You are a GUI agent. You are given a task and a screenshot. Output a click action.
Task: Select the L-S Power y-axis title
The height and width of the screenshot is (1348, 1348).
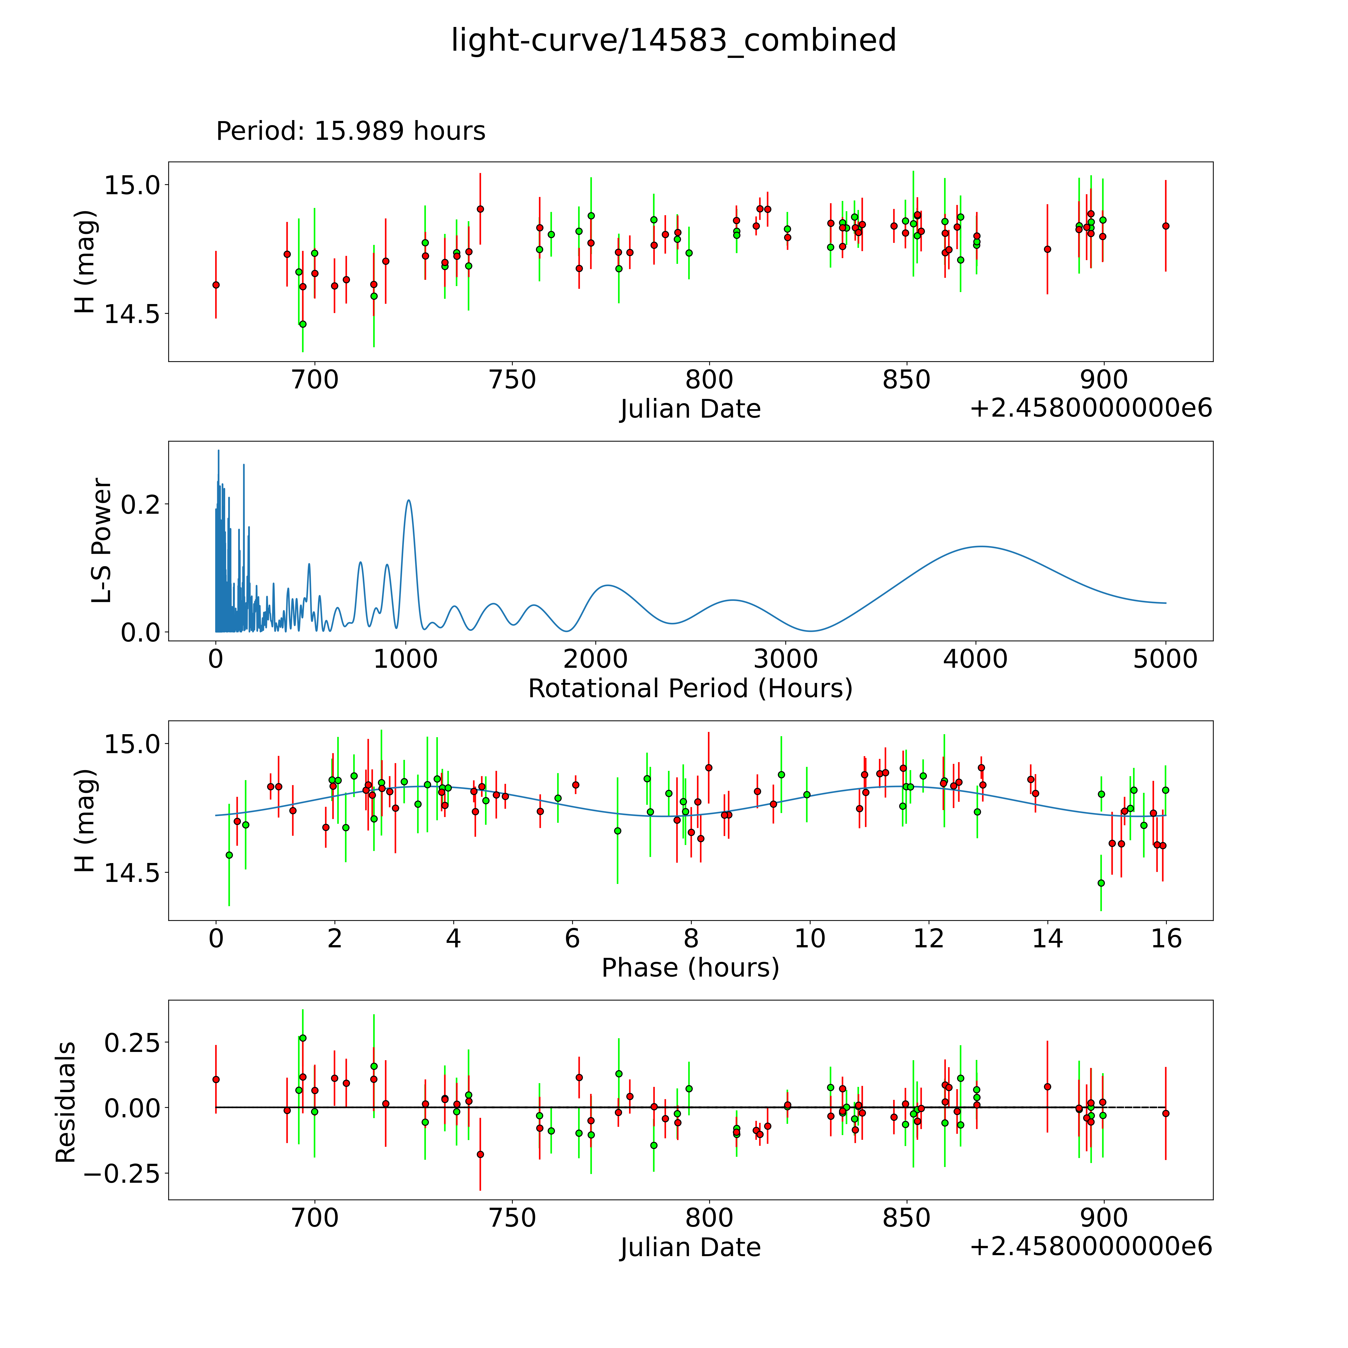[102, 541]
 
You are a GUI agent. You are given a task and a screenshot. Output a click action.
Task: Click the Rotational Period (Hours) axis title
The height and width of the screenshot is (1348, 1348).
[690, 689]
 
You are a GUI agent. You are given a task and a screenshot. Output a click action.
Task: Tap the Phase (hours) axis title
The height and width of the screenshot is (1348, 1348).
[690, 968]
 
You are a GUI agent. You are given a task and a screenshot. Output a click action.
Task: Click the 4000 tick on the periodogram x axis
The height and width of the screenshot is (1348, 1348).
[975, 659]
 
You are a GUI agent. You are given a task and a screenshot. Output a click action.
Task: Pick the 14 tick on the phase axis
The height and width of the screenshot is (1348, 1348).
[1047, 938]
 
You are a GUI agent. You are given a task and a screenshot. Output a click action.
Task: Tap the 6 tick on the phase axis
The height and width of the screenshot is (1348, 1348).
[572, 938]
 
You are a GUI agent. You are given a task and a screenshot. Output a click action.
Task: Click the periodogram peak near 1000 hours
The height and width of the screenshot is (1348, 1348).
[409, 500]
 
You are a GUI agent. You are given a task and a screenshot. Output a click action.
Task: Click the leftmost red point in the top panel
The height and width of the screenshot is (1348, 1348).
[216, 285]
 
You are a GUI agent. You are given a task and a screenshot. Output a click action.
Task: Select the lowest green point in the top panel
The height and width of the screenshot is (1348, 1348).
[302, 324]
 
